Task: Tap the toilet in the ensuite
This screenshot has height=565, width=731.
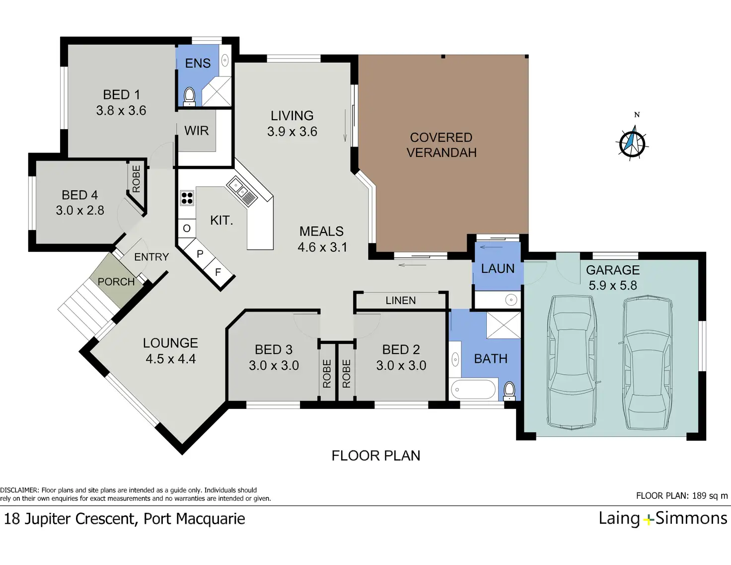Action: point(189,96)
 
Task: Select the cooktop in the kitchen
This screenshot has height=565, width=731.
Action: point(187,198)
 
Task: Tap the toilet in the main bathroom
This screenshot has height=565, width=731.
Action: point(510,391)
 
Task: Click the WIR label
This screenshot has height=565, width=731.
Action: point(197,131)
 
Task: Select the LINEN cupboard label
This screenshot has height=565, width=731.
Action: point(401,300)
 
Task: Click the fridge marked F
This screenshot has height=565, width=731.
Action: point(218,272)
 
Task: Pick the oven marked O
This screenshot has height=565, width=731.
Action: point(187,229)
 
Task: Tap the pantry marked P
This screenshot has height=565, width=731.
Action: point(200,254)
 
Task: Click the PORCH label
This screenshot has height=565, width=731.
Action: point(116,282)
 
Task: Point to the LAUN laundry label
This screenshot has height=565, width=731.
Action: point(498,268)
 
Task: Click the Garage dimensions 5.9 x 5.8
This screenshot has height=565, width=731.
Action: point(613,285)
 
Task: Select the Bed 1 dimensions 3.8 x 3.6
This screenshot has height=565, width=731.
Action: point(121,110)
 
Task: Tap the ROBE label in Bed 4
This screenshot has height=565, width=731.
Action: point(136,179)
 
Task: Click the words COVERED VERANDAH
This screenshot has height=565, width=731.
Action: point(441,145)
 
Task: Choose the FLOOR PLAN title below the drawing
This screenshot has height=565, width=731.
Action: point(376,456)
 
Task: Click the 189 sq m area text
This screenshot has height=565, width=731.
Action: point(710,495)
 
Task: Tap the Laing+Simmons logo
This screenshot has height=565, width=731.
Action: point(662,519)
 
